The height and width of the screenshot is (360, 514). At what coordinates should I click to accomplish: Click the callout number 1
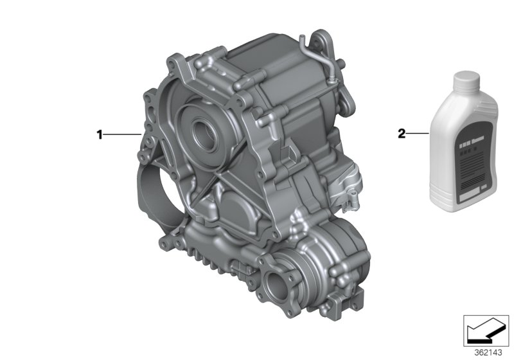click(100, 134)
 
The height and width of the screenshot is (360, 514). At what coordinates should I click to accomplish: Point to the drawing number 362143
click(488, 353)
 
